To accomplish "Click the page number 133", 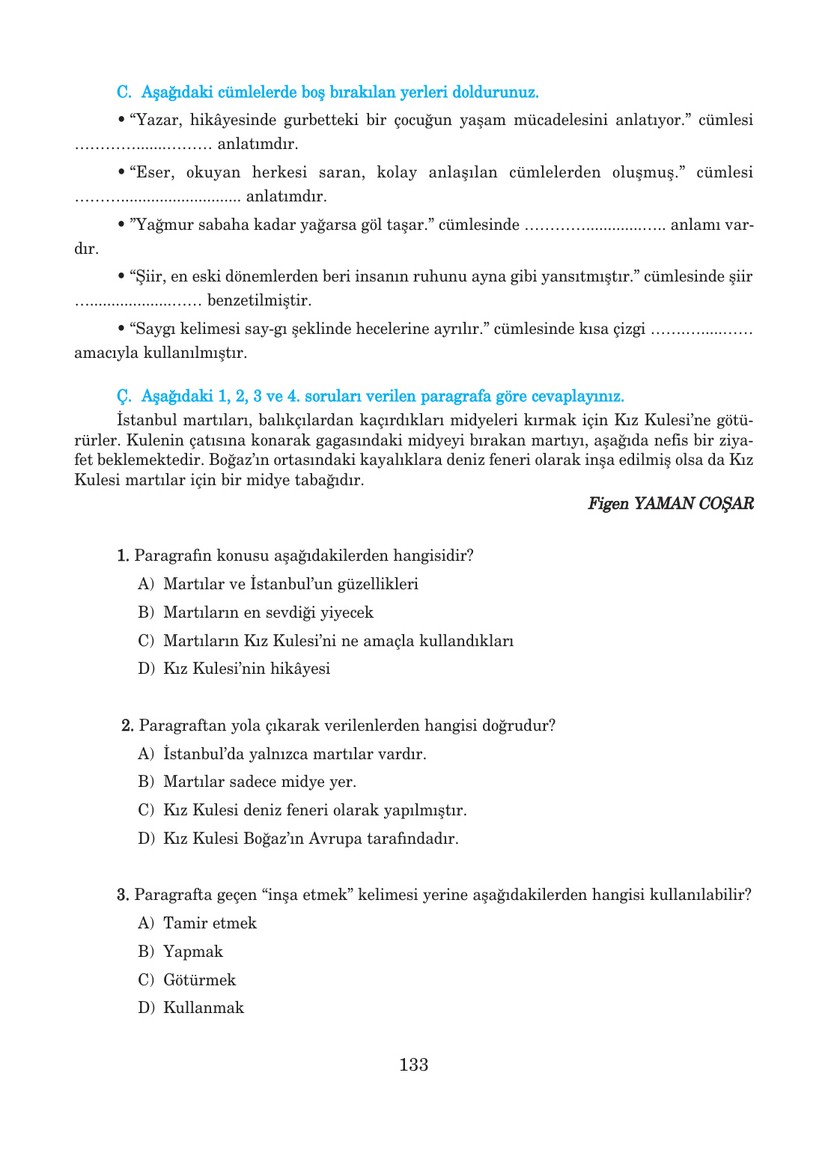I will [x=413, y=1065].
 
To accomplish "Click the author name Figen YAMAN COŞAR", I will [x=670, y=503].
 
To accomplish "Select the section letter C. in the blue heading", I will [x=124, y=92].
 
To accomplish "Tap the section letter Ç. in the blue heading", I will [x=124, y=396].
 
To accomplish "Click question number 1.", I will [x=123, y=556].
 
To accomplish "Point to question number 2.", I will [x=127, y=726].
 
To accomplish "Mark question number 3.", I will [x=123, y=895].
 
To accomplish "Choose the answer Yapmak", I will [x=193, y=952].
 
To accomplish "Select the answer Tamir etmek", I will [x=210, y=923].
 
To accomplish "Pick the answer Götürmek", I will [x=199, y=980].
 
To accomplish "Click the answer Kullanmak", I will [x=204, y=1008].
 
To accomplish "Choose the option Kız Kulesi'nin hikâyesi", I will [x=246, y=669].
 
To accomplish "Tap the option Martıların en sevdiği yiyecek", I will [x=268, y=612].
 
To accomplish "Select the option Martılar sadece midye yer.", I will [x=260, y=782].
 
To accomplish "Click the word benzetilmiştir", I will [x=259, y=300].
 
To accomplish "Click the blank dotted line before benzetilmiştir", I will [x=138, y=301].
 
